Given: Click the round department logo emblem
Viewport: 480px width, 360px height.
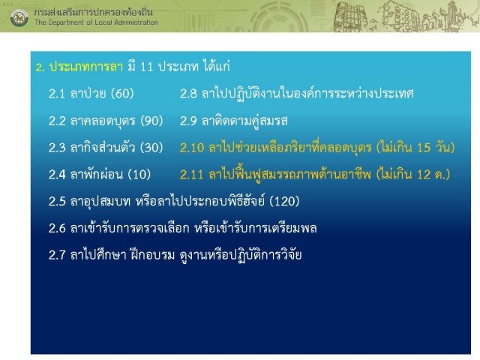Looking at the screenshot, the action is point(19,17).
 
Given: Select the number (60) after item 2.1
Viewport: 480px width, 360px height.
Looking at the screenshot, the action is point(122,94).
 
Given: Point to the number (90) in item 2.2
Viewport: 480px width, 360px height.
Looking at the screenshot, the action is point(151,121).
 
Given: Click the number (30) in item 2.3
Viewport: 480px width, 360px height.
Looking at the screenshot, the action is point(151,148).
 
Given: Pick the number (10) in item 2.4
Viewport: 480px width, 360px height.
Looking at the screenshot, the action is point(139,175).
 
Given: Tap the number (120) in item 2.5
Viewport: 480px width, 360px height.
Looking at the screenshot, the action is point(284,201).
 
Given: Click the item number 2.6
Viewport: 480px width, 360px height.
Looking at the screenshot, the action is point(57,228).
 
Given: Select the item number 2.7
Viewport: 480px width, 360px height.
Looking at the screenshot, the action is point(57,255).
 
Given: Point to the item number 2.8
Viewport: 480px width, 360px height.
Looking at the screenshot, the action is point(188,94).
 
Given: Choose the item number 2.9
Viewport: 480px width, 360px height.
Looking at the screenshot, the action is point(188,121).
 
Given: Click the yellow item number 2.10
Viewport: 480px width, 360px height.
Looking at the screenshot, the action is point(192,148).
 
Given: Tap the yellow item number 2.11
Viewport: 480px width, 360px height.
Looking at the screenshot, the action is point(192,175).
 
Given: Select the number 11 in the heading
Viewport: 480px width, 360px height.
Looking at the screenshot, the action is point(146,67).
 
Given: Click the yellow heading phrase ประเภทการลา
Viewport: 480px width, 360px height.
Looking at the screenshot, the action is point(86,67).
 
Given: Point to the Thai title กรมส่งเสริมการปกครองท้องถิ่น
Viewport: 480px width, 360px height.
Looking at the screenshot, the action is point(93,12).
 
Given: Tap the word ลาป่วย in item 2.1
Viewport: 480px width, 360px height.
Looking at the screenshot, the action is point(88,93).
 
